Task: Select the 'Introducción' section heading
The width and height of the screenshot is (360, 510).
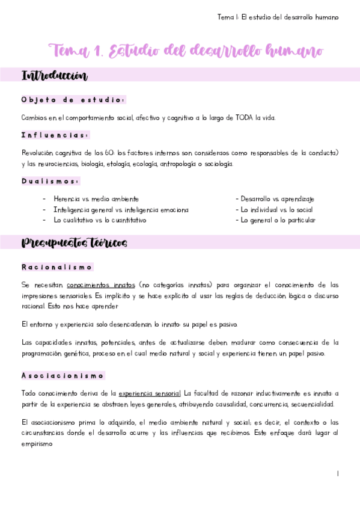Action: click(55, 76)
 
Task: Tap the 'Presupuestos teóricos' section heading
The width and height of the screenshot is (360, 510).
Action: click(74, 243)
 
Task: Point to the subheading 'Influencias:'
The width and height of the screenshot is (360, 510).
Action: click(55, 135)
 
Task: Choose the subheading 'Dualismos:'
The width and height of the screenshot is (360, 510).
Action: click(50, 181)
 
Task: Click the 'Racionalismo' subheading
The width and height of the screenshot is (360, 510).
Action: click(56, 267)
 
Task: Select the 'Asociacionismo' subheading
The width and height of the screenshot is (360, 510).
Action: click(63, 376)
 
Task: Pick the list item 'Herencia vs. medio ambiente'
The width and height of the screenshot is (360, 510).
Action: click(96, 199)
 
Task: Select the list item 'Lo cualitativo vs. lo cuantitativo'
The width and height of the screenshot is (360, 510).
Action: click(100, 221)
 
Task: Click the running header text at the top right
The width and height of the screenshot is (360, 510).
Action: click(278, 17)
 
